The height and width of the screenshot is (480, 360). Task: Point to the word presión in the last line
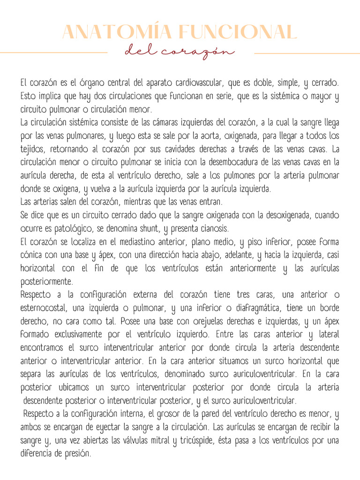point(76,454)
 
